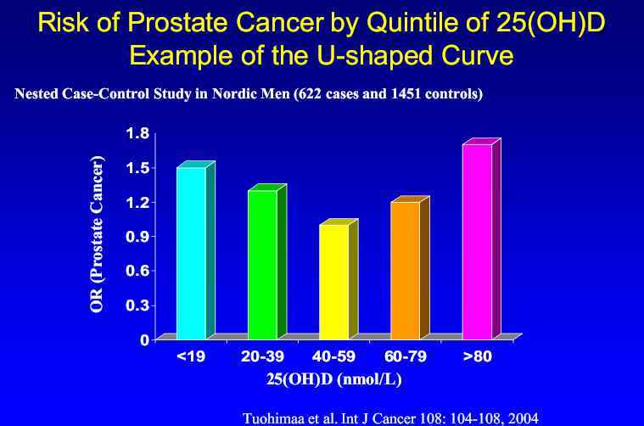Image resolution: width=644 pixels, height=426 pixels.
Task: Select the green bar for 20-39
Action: coord(262,264)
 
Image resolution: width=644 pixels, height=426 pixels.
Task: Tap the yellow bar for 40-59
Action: coord(333,281)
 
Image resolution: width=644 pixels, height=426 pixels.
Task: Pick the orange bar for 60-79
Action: coord(405,269)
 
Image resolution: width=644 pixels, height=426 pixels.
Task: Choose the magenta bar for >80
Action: coord(477,241)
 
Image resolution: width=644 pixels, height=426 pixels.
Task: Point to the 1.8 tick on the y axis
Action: coord(137,133)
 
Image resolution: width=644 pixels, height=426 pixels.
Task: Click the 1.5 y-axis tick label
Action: coord(137,168)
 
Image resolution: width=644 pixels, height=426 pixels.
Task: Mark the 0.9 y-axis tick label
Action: coord(137,237)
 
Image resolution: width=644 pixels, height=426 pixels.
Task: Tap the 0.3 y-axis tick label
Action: coord(137,305)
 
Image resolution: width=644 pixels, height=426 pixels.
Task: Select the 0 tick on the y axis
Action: coord(144,339)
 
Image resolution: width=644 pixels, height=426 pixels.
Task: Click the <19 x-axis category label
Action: coord(191,357)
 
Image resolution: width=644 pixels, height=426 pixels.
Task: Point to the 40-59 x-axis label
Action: coord(333,357)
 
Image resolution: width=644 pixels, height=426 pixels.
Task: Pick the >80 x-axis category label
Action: coord(478,357)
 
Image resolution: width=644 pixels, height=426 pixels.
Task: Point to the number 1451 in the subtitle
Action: coord(401,94)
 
